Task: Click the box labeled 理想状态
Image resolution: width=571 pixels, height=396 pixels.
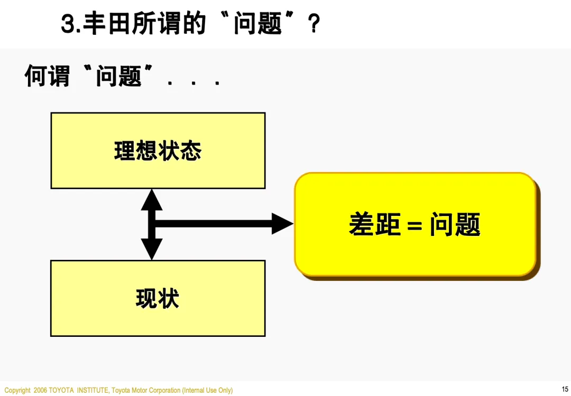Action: [158, 150]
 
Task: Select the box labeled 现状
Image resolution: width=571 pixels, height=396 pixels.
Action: [158, 298]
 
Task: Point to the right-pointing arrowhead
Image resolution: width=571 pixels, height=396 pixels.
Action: [282, 223]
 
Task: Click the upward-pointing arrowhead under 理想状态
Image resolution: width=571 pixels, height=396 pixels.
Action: [152, 200]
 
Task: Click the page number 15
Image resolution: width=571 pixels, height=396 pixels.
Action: [565, 389]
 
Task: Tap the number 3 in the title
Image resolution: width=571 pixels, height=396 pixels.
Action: [67, 24]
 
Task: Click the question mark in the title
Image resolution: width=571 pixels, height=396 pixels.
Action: [314, 24]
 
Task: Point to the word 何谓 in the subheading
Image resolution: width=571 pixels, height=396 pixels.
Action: [47, 76]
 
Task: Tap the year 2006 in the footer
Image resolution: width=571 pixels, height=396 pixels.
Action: [40, 390]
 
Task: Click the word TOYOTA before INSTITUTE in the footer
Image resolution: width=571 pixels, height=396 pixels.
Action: [62, 390]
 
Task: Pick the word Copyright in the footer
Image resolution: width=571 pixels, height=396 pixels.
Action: [17, 390]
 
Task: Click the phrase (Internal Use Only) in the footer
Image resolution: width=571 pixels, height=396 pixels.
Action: [207, 390]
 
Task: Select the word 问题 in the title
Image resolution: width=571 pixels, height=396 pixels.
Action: [257, 24]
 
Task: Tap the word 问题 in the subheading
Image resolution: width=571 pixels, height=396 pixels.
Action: [118, 76]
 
